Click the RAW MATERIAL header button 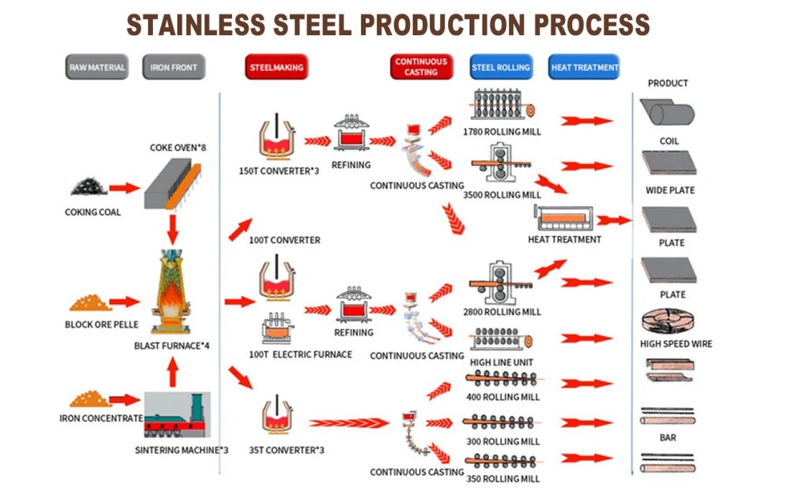pyautogui.click(x=97, y=68)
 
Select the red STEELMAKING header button pyautogui.click(x=276, y=68)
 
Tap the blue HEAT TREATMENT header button pyautogui.click(x=584, y=68)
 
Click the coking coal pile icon pyautogui.click(x=89, y=187)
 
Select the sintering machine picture pyautogui.click(x=177, y=416)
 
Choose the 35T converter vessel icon pyautogui.click(x=279, y=418)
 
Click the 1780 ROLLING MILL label pyautogui.click(x=503, y=132)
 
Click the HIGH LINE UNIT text pyautogui.click(x=501, y=362)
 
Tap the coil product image pyautogui.click(x=668, y=114)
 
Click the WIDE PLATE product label pyautogui.click(x=670, y=190)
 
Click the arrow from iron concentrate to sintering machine pyautogui.click(x=123, y=399)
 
